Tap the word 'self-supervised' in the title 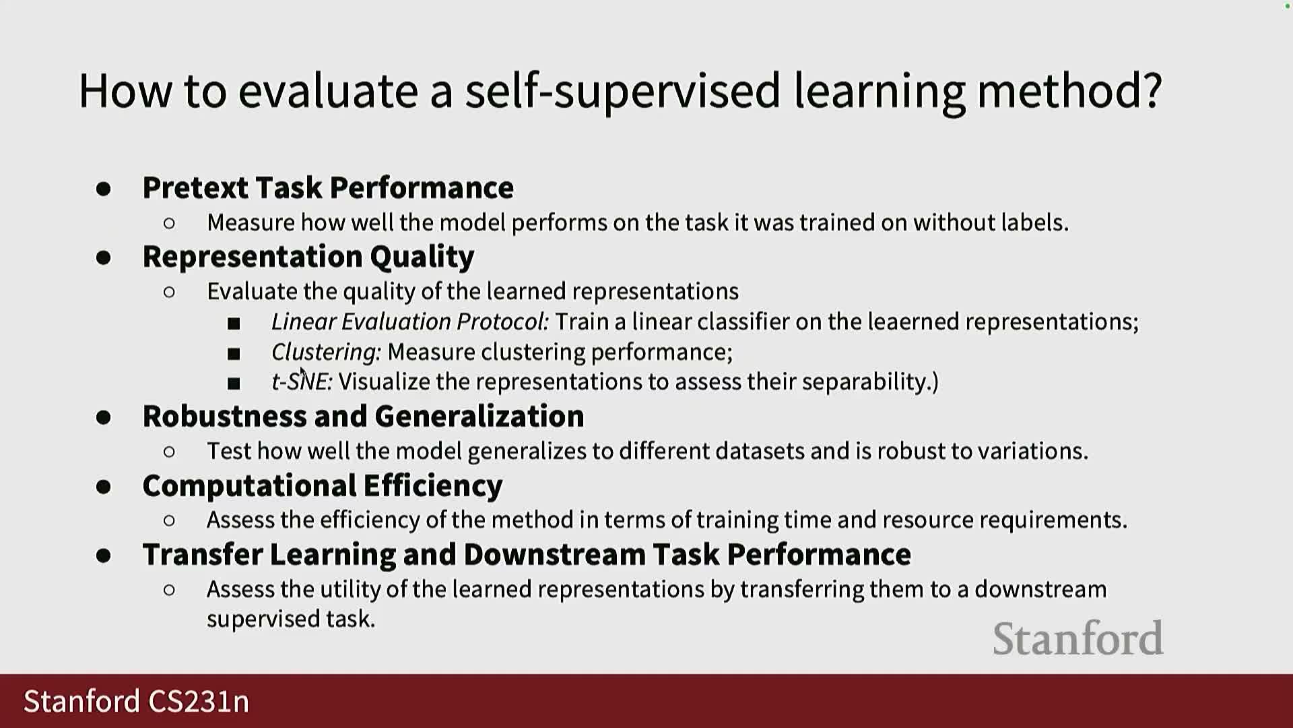[x=623, y=91]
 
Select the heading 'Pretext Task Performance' [x=328, y=187]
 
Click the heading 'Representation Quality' [x=308, y=257]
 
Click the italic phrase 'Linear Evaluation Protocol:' [x=409, y=322]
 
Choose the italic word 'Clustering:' [x=326, y=352]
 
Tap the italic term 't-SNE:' [x=302, y=382]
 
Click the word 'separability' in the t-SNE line [x=864, y=382]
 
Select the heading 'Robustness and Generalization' [x=363, y=416]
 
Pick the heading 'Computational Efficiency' [x=323, y=486]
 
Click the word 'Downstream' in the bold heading [x=554, y=554]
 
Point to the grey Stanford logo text [x=1078, y=638]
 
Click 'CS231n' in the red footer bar [x=199, y=701]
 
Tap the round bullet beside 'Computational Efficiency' [x=103, y=487]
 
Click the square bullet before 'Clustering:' [x=234, y=353]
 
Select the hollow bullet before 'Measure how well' [x=169, y=223]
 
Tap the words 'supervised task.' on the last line [x=290, y=619]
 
